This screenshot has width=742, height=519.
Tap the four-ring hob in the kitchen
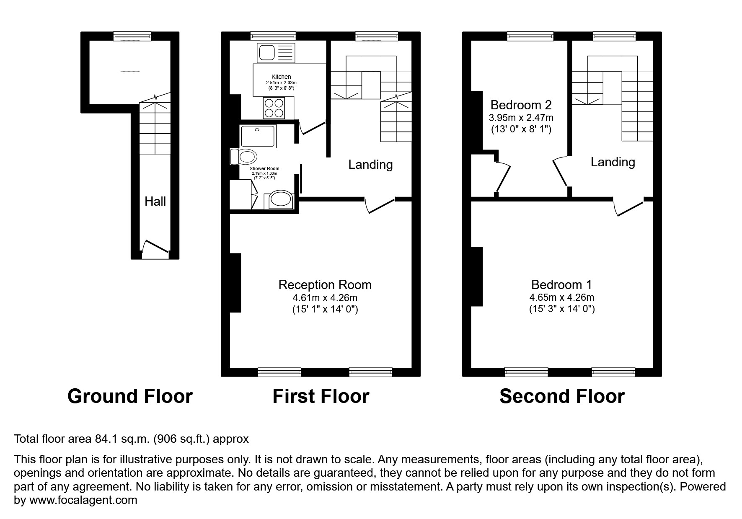click(274, 108)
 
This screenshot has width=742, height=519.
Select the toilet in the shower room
click(245, 157)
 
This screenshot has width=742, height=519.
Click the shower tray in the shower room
click(258, 136)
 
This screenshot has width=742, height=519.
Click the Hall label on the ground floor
click(155, 201)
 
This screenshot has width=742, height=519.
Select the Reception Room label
click(325, 285)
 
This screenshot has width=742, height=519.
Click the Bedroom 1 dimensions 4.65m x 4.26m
click(561, 298)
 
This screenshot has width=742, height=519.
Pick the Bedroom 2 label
click(521, 105)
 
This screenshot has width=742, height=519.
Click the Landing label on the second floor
click(613, 162)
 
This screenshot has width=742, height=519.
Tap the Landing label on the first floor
click(370, 165)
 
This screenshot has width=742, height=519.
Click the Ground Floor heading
click(130, 396)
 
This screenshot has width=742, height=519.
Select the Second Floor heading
click(562, 396)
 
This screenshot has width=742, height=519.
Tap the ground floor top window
click(132, 37)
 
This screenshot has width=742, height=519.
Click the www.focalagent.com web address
click(83, 500)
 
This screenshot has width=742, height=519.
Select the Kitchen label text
click(281, 77)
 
